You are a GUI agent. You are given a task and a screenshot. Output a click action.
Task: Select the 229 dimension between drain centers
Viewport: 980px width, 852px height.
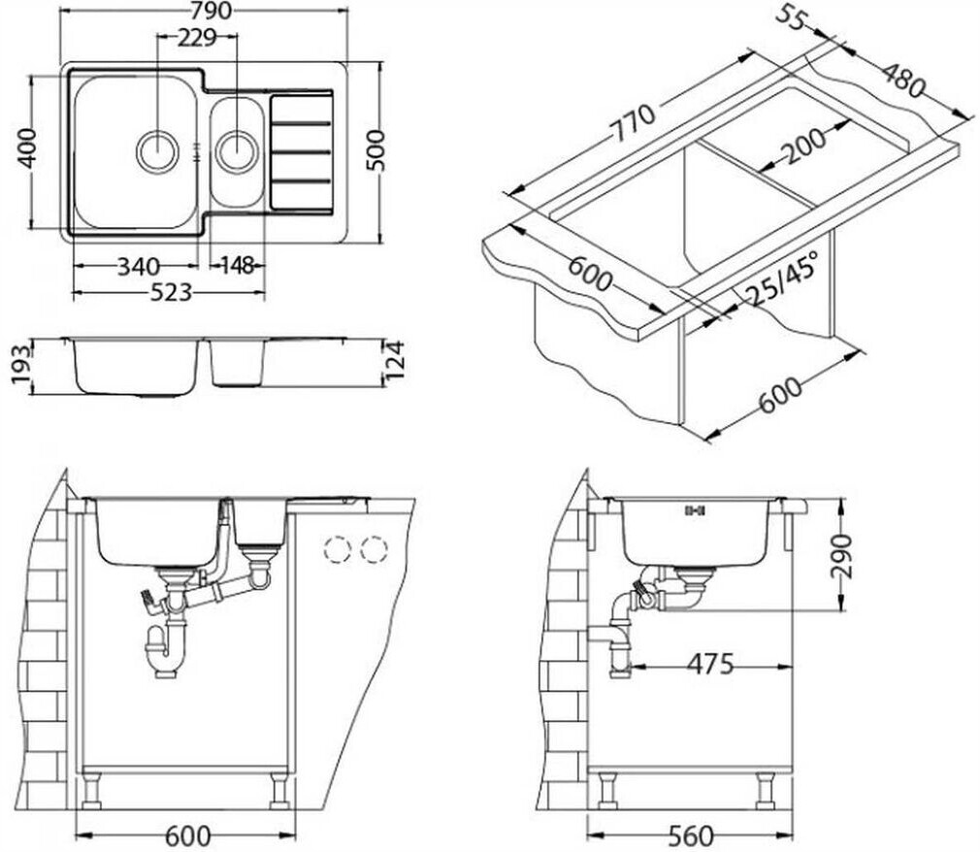tap(196, 38)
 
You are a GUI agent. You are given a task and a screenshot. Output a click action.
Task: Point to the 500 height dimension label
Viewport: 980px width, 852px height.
tap(377, 150)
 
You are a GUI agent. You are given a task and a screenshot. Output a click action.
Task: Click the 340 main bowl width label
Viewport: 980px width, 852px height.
tap(138, 266)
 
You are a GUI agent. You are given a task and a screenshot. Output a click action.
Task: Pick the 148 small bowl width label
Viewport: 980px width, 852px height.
tap(232, 266)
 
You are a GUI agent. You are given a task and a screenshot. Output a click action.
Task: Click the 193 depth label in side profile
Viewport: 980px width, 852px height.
tap(20, 365)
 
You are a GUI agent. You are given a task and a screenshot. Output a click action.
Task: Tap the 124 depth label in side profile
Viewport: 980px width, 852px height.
tap(393, 362)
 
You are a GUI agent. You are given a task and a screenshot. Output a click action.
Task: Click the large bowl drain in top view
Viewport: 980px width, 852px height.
tap(157, 150)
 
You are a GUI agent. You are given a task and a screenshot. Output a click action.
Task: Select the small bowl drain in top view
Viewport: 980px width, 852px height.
tap(237, 150)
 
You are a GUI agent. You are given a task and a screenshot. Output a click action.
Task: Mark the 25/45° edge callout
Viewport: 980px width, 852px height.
tap(781, 279)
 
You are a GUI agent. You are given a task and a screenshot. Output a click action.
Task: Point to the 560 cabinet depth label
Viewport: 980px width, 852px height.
tap(691, 836)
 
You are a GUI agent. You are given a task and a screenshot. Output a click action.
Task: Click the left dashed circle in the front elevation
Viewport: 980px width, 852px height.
tap(337, 550)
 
